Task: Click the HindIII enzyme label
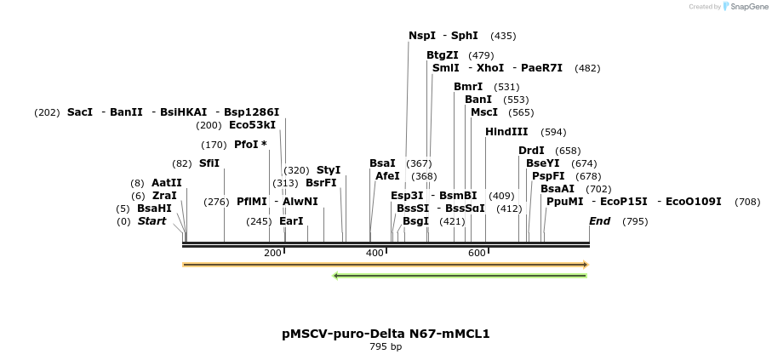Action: [x=506, y=132]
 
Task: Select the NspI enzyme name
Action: [x=422, y=36]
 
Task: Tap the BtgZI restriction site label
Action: [x=443, y=55]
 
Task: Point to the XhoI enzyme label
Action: [x=490, y=68]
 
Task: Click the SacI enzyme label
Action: [x=80, y=112]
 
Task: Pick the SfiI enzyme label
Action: [x=209, y=163]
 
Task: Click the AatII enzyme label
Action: [x=167, y=183]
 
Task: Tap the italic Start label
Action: [x=152, y=221]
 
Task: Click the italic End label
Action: [x=600, y=221]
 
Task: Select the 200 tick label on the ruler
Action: [x=272, y=253]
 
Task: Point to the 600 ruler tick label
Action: [x=477, y=253]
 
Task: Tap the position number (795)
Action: [x=635, y=221]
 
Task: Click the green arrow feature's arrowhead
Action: [x=336, y=276]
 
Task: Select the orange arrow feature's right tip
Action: [x=586, y=265]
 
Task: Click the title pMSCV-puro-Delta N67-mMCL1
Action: [x=386, y=334]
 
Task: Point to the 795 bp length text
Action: [x=386, y=347]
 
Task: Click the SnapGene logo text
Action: [x=746, y=7]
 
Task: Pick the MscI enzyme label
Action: [x=484, y=112]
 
